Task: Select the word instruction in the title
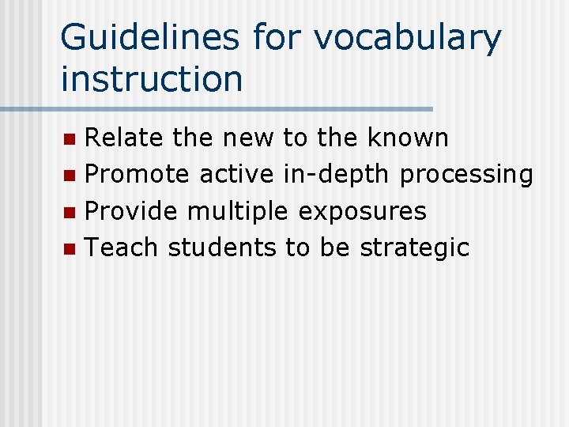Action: [152, 78]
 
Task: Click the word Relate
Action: [124, 138]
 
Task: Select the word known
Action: [408, 138]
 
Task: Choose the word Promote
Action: [137, 174]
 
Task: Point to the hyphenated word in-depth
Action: [337, 175]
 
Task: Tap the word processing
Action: [466, 175]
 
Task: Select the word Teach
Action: [122, 248]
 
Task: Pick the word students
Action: [222, 248]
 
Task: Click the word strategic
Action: [415, 248]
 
